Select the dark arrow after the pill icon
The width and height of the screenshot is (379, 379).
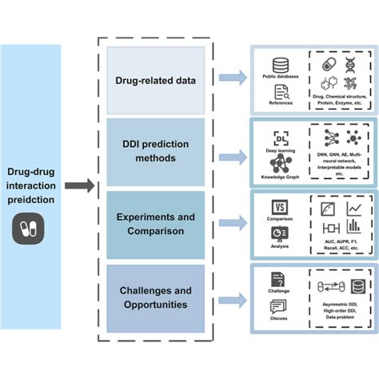pyautogui.click(x=77, y=186)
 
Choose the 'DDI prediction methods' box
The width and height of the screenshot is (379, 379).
pyautogui.click(x=155, y=152)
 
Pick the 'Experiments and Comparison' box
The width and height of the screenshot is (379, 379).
pyautogui.click(x=155, y=225)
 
